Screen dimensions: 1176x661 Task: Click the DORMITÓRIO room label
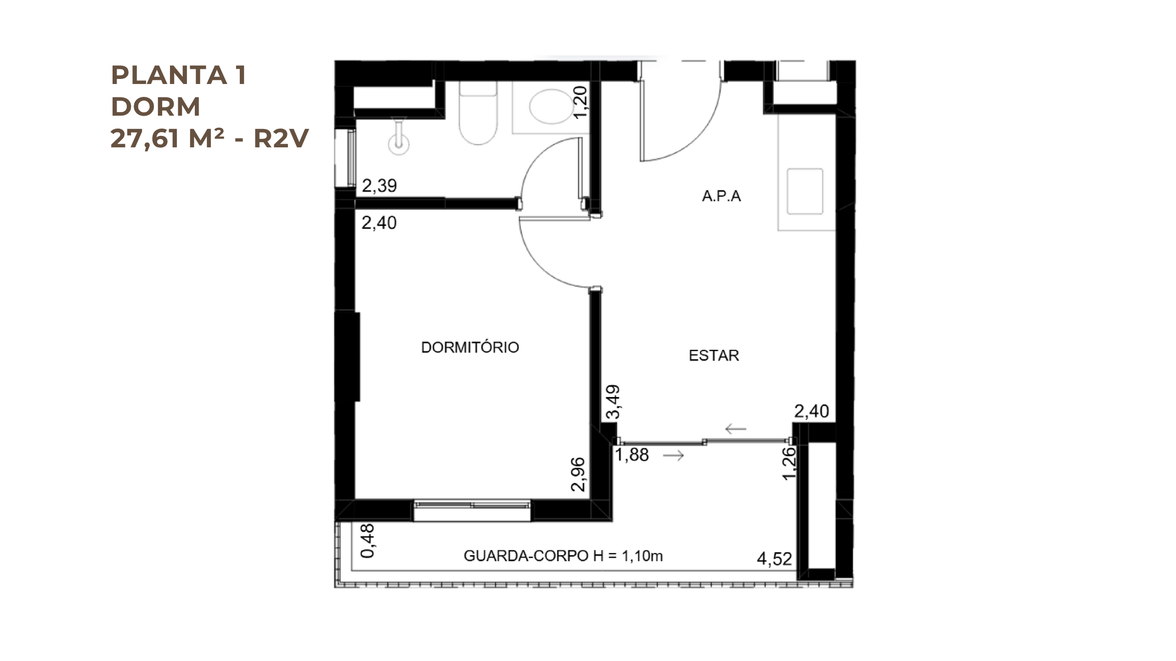click(470, 347)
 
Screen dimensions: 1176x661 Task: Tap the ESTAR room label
click(714, 355)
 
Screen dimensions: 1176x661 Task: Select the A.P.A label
click(721, 196)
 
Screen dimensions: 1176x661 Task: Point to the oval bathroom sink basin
click(551, 106)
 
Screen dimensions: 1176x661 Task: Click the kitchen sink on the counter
click(805, 191)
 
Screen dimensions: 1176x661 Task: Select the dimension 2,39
click(379, 186)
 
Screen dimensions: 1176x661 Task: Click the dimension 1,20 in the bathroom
click(581, 102)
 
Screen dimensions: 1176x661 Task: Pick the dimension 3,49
click(613, 402)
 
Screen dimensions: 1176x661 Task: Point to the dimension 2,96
click(578, 474)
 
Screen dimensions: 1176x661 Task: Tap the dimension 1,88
click(632, 455)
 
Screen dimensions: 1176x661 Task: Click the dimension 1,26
click(789, 464)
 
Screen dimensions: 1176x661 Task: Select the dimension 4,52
click(775, 559)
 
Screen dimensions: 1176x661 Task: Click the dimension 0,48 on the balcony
click(368, 541)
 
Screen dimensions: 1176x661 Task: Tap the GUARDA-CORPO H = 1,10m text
click(563, 556)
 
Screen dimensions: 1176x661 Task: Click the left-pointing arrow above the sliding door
click(735, 429)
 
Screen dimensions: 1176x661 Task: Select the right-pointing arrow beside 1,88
click(673, 455)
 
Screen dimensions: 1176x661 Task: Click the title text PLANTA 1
click(179, 75)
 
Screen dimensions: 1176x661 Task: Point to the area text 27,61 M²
click(168, 138)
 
